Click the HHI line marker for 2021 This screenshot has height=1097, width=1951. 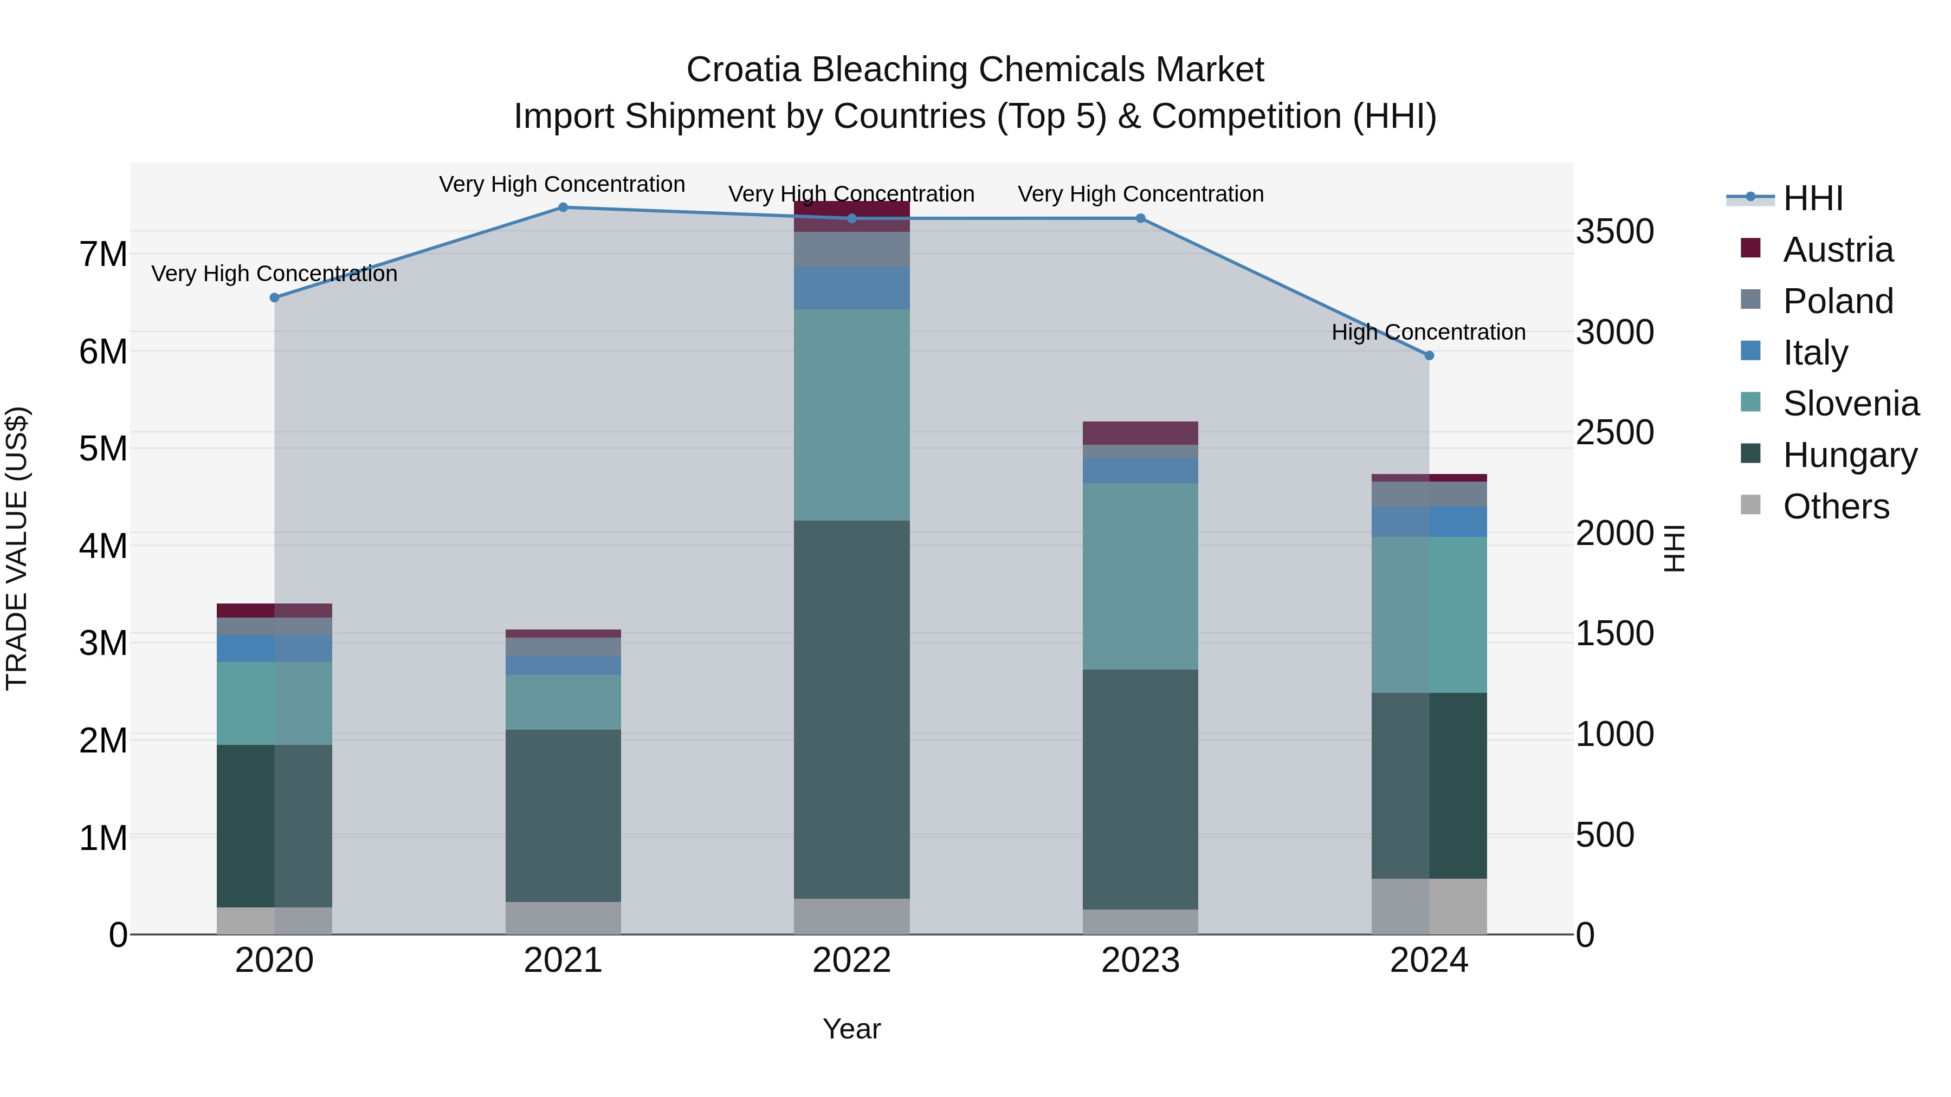pos(563,207)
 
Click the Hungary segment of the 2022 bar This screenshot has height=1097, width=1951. pos(851,709)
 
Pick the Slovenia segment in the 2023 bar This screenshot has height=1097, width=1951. pos(1140,576)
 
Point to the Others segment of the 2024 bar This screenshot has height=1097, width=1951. pos(1429,906)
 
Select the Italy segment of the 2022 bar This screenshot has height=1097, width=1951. pos(851,288)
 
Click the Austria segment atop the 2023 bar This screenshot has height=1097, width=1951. pos(1140,433)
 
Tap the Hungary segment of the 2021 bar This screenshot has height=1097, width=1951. pos(563,815)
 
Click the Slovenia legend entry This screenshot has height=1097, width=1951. pos(1850,404)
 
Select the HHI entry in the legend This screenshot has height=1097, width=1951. pos(1812,198)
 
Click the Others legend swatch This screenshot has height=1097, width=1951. pos(1750,505)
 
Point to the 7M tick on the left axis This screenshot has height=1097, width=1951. pos(103,255)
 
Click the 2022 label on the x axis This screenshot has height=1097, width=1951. pos(851,960)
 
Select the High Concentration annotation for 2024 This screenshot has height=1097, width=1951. pos(1429,333)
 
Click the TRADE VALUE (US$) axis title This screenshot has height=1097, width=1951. pos(17,548)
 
